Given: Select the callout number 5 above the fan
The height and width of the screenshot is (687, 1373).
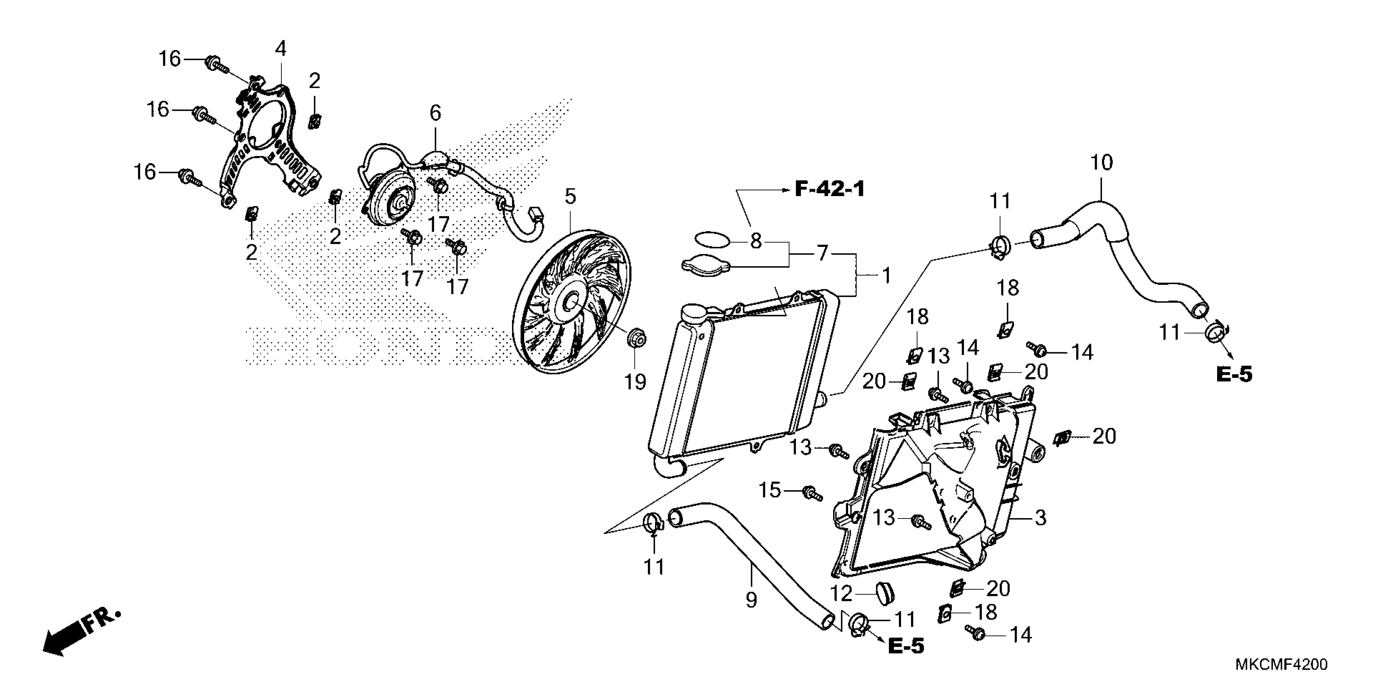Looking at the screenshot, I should point(570,197).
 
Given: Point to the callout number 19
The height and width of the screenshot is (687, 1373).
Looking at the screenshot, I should point(635,382).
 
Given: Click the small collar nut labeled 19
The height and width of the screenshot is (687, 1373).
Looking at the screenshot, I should point(637,338).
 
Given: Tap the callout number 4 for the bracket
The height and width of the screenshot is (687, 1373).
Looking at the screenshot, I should point(280,49).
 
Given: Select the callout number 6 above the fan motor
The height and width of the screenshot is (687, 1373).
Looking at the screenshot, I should point(435,113).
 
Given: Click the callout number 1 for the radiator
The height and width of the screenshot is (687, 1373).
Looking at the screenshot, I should point(886,276).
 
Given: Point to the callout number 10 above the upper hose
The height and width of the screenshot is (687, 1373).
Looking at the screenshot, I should point(1101,162).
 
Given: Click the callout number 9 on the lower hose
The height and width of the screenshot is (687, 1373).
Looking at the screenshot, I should point(751,600).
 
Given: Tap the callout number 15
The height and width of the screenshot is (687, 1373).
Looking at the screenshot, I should point(769,490).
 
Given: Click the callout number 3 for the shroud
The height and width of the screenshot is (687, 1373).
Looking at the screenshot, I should point(1040,517).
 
